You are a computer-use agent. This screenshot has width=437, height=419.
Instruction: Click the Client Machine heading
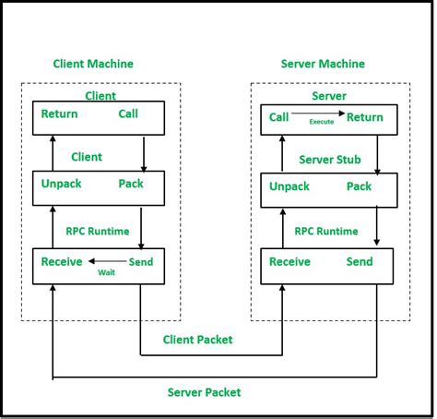(93, 64)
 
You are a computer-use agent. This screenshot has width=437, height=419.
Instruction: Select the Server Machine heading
(322, 64)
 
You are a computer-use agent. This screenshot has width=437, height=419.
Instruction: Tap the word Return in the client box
(59, 114)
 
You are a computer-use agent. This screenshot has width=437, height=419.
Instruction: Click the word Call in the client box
(129, 114)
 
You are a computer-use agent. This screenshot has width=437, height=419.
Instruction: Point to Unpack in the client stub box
(61, 184)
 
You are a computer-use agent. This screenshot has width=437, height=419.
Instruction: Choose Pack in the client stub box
(131, 184)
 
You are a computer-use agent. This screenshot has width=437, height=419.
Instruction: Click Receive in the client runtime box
(63, 262)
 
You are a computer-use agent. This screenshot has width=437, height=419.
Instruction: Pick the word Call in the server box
(278, 117)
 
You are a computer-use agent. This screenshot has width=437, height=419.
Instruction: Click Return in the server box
(365, 117)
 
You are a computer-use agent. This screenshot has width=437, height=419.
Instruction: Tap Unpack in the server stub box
(289, 186)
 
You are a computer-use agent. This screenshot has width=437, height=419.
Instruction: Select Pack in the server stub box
(359, 186)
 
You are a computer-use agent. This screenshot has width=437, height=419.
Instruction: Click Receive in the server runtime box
(290, 262)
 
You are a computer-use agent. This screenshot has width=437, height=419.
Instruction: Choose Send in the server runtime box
(360, 262)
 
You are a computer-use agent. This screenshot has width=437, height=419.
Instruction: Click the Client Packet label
(197, 340)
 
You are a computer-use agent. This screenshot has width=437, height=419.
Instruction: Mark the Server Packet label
(204, 392)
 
